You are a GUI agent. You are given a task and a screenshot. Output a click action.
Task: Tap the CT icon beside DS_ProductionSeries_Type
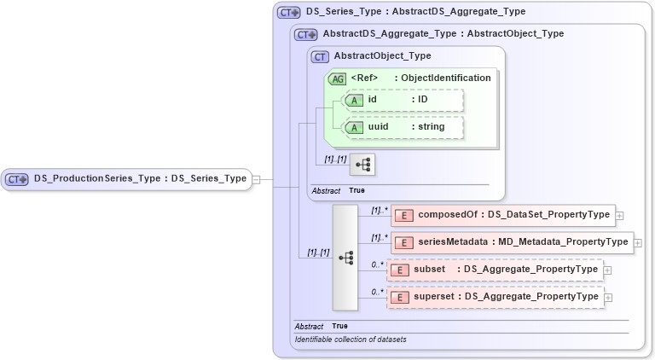pos(17,179)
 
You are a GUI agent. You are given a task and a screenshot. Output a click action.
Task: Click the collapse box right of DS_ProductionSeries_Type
pos(255,179)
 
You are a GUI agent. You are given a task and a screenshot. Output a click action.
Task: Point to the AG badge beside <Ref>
pos(338,78)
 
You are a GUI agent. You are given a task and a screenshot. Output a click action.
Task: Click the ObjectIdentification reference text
pos(449,78)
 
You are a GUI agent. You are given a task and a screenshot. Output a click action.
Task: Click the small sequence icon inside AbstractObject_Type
pos(362,164)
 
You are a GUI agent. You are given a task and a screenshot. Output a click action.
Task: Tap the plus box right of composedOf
pos(619,215)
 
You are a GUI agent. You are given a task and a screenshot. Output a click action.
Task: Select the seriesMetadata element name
pos(453,242)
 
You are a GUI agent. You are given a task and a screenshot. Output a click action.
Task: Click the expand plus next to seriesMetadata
pos(638,242)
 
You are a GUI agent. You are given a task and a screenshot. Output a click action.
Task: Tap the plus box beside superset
pos(607,297)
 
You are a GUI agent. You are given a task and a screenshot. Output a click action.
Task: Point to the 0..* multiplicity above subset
pos(376,264)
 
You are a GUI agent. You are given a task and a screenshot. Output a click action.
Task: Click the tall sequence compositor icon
pos(345,257)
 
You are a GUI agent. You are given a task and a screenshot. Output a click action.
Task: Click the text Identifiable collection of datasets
pos(351,340)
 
